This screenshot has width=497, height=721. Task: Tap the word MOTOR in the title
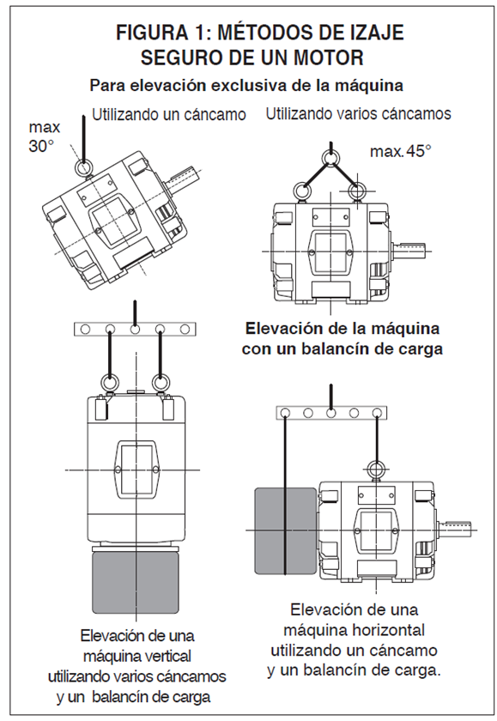pos(329,58)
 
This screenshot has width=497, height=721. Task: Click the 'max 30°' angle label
pos(44,136)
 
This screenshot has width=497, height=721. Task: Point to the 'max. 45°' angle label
pos(401,151)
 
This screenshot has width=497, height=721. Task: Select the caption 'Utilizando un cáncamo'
pos(169,114)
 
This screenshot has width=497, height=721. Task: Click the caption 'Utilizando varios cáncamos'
pos(359,113)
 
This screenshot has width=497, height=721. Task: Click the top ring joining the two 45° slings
pos(330,158)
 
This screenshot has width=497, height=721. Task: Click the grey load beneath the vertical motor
pos(135,583)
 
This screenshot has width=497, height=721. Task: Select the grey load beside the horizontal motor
pos(286,530)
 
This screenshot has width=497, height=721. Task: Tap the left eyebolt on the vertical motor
pos(109,383)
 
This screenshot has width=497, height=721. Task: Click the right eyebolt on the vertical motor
pos(160,383)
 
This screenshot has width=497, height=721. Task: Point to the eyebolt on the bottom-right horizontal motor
pos(377,469)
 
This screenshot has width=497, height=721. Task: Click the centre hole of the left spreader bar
pos(135,330)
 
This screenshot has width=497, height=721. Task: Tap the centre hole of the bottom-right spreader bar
pos(330,413)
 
